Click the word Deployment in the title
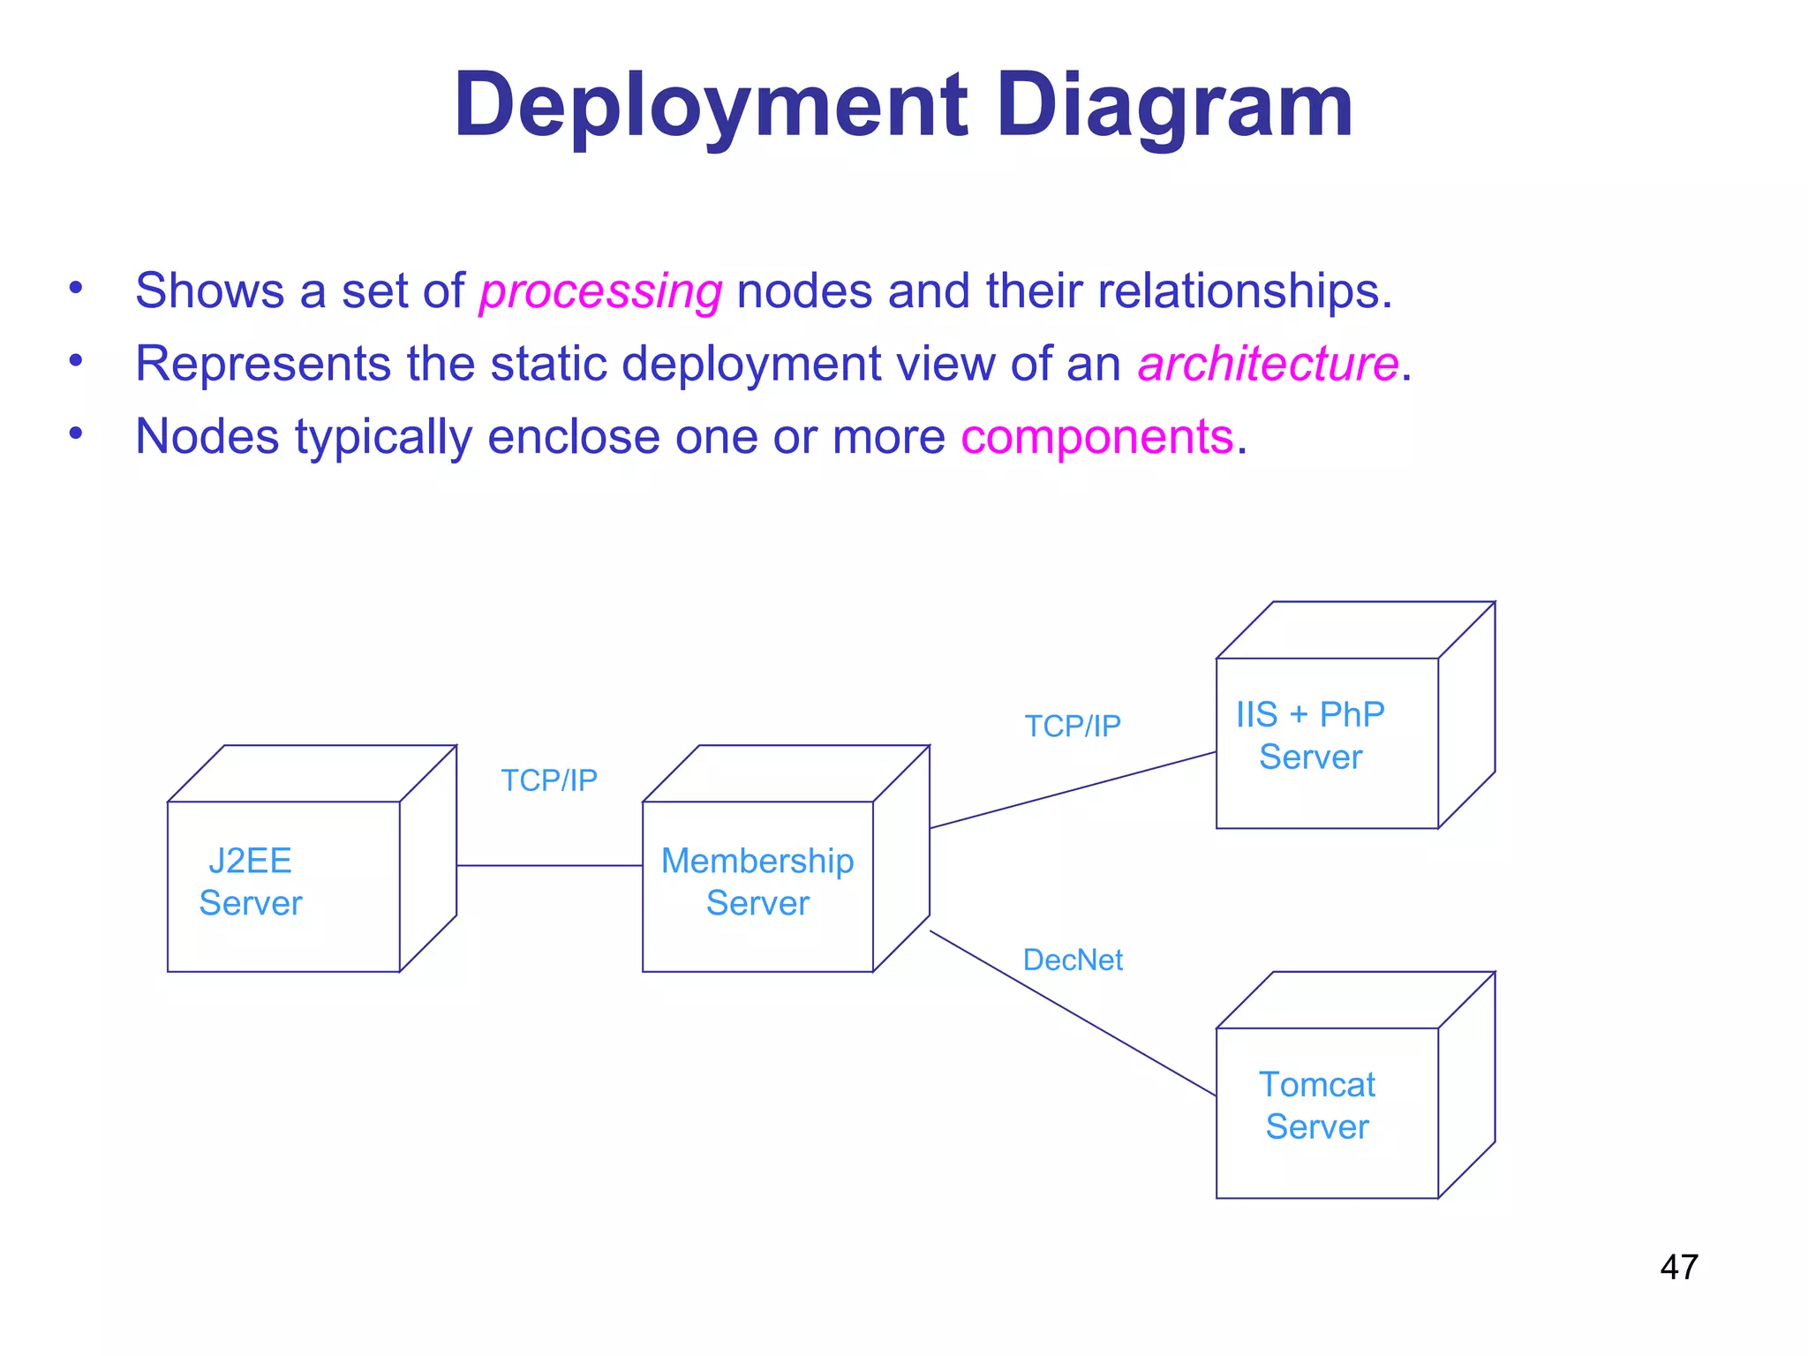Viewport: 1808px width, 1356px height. point(711,106)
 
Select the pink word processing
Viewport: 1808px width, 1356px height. point(600,291)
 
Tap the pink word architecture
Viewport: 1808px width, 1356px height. point(1268,364)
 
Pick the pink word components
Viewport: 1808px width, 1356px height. point(1096,437)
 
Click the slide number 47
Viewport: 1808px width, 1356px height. point(1678,1267)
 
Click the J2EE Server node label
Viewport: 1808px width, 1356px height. point(251,882)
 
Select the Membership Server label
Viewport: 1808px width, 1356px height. point(757,882)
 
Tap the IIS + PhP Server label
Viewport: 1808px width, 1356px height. point(1310,735)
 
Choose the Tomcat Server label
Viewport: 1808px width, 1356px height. point(1316,1105)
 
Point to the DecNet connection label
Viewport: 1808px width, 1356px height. point(1073,960)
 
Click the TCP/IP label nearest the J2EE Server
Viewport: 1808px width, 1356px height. point(549,780)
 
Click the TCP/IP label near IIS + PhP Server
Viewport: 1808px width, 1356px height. point(1073,726)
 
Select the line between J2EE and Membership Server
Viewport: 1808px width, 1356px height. point(549,865)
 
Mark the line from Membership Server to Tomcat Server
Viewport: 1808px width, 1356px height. point(1073,1013)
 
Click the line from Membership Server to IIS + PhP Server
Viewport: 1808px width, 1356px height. point(1073,790)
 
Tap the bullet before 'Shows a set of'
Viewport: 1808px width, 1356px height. point(76,288)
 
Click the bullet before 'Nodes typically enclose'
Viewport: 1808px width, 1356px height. point(76,433)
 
